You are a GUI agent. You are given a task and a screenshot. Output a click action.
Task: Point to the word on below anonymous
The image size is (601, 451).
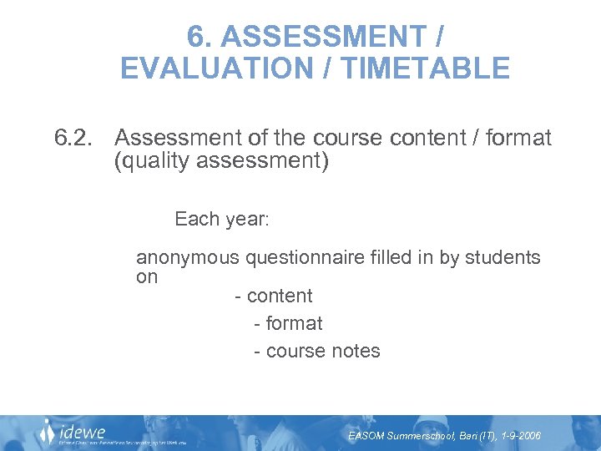pos(147,277)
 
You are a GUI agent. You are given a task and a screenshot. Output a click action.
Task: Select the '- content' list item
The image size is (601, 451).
pos(274,296)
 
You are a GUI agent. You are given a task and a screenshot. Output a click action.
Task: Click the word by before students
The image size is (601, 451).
pos(449,258)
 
